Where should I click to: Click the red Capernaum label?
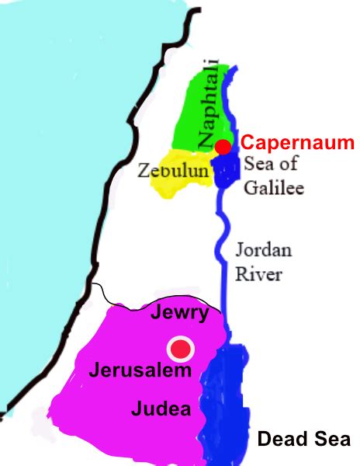(x=296, y=143)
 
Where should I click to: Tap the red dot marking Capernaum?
(x=223, y=147)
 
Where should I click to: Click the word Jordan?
(x=265, y=252)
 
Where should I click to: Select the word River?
(x=260, y=273)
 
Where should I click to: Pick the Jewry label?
(x=181, y=313)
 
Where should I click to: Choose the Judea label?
(x=161, y=408)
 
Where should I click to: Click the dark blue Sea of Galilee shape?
(x=227, y=171)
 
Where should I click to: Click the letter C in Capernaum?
(x=247, y=143)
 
